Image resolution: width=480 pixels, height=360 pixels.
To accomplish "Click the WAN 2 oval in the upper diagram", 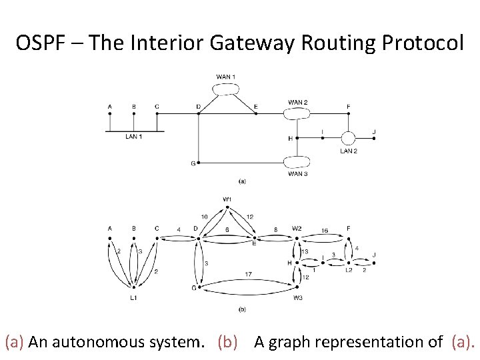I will (297, 113).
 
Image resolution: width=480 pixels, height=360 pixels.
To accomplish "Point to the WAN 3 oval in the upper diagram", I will (297, 162).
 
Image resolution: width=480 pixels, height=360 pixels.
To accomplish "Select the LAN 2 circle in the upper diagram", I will (348, 138).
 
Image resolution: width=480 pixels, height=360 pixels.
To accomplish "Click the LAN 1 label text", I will (134, 137).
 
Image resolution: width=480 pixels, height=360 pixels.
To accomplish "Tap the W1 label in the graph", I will (227, 199).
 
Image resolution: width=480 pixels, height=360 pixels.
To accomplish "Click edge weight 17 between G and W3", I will (247, 275).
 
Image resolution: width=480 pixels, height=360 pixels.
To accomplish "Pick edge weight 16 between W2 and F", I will (325, 230).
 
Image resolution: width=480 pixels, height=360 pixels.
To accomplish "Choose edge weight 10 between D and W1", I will (204, 217).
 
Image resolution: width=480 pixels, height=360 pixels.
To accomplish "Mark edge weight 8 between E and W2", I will (275, 230).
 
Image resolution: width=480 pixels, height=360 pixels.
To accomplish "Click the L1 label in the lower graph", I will (134, 298).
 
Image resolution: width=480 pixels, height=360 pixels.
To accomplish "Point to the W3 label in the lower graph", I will (297, 298).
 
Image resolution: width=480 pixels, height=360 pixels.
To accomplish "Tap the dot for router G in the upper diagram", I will (199, 163).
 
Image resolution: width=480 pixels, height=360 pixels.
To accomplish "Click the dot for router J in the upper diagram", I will (374, 138).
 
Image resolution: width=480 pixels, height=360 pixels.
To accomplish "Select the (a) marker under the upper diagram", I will (242, 181).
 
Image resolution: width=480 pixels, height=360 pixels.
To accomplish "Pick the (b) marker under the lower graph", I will (242, 309).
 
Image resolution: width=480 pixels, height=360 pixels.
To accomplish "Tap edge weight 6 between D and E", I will (227, 229).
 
